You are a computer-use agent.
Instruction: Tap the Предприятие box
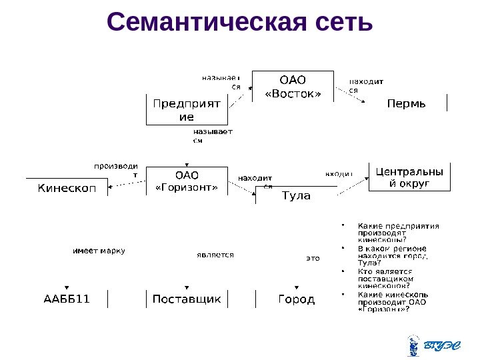click(x=187, y=109)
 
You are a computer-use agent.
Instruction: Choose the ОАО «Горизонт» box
click(x=187, y=181)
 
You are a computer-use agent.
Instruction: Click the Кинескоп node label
click(x=66, y=188)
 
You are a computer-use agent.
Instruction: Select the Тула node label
click(x=296, y=195)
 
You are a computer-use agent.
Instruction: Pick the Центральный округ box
click(x=409, y=177)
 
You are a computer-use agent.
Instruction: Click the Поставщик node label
click(x=187, y=299)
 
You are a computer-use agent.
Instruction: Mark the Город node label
click(x=296, y=299)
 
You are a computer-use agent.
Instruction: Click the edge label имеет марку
click(x=99, y=251)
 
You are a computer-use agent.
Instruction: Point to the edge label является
click(x=215, y=255)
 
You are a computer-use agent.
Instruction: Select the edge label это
click(x=313, y=257)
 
